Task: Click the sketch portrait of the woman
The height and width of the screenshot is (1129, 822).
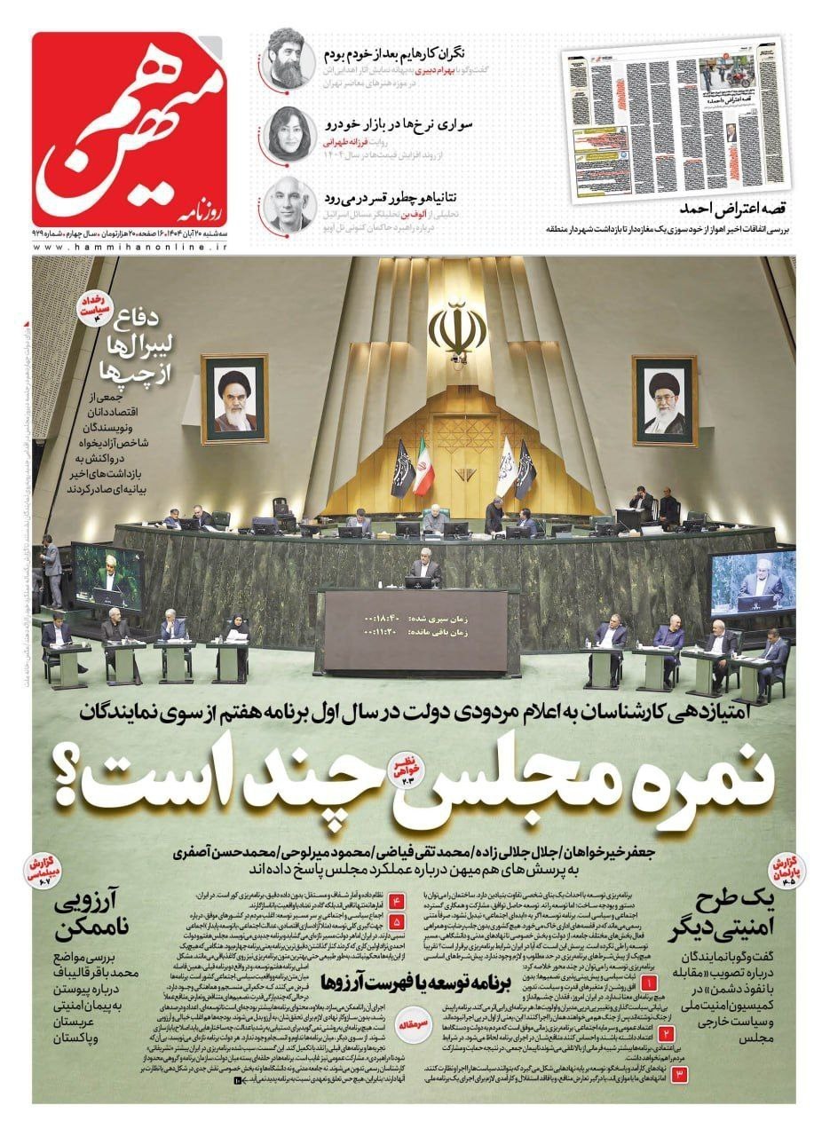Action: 290,131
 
